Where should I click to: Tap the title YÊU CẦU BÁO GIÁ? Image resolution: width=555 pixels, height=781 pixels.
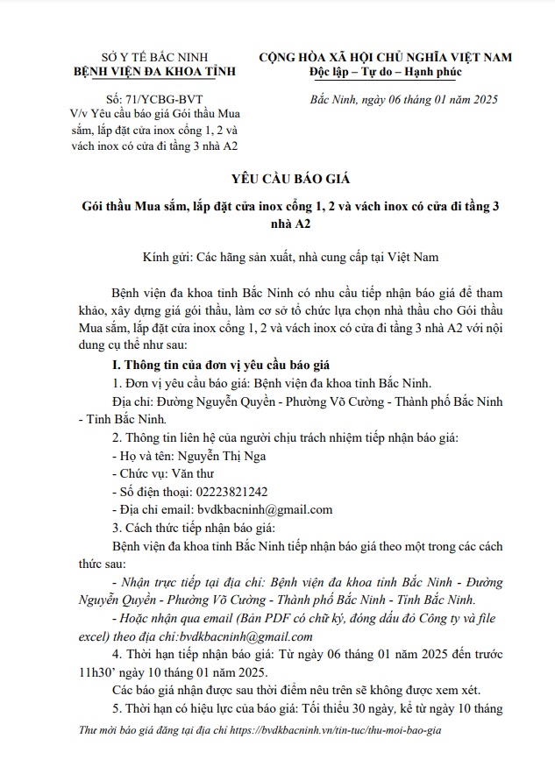pos(279,180)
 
